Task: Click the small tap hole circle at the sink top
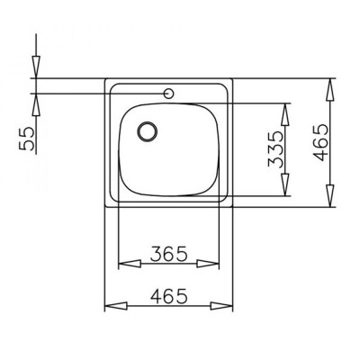click(x=168, y=93)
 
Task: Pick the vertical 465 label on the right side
click(x=321, y=143)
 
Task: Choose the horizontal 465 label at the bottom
click(x=169, y=295)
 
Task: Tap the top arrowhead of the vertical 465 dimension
click(x=332, y=85)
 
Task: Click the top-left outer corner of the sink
click(x=106, y=79)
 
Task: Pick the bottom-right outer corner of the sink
click(x=233, y=207)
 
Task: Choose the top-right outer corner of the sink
click(x=233, y=79)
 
